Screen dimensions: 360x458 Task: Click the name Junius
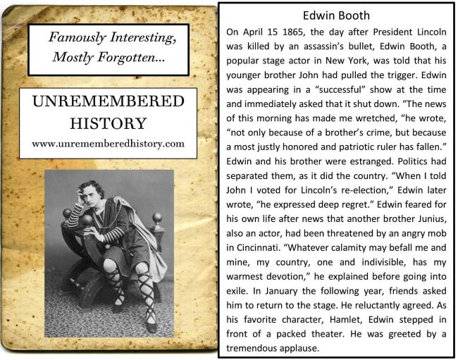(x=429, y=224)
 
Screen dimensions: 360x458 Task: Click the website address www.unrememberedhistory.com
(x=109, y=143)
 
